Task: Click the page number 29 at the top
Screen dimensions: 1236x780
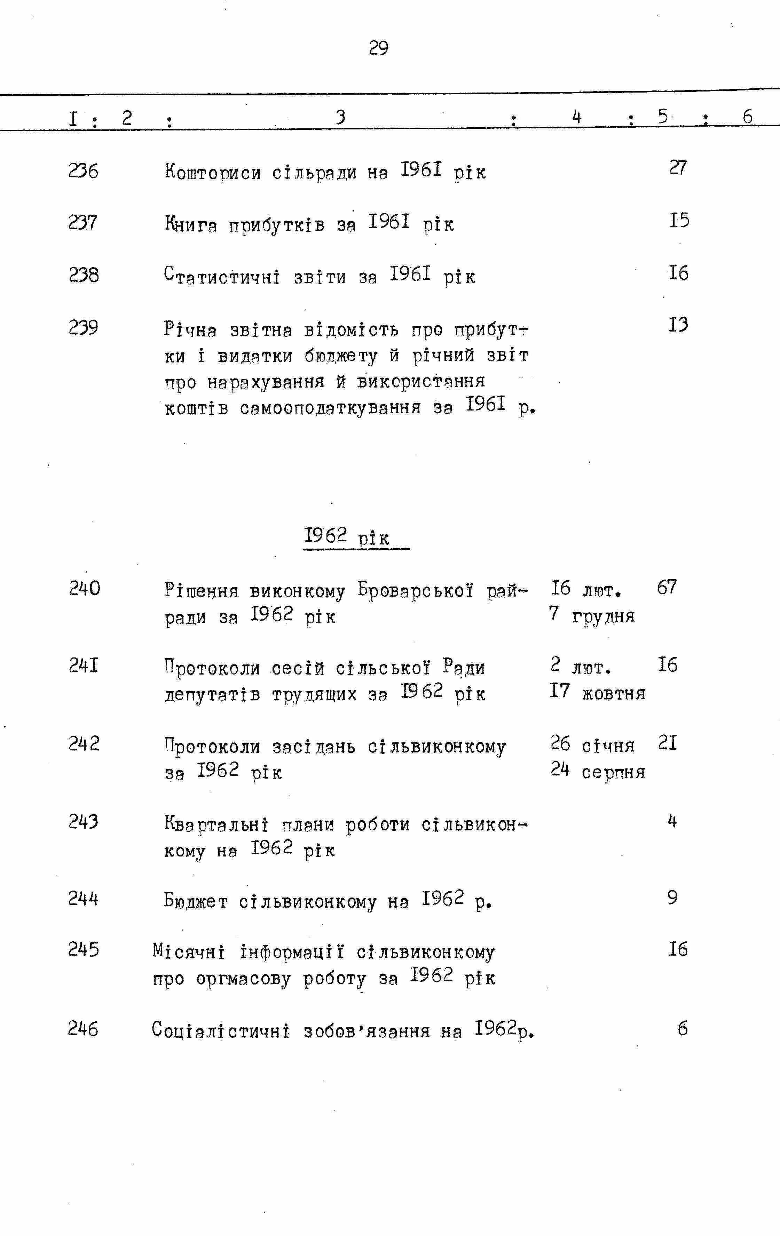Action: (378, 48)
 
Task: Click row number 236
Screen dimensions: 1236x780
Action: (83, 171)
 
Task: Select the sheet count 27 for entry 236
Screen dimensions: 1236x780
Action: (678, 168)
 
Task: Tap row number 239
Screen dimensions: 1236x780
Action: (83, 327)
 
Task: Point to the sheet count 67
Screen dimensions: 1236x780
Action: (667, 587)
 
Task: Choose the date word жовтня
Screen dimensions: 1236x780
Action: (614, 694)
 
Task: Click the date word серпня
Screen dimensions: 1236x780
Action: (614, 772)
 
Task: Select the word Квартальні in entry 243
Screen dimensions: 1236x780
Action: (216, 825)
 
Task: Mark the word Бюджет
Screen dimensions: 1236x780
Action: (196, 901)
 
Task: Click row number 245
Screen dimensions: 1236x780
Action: (83, 950)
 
